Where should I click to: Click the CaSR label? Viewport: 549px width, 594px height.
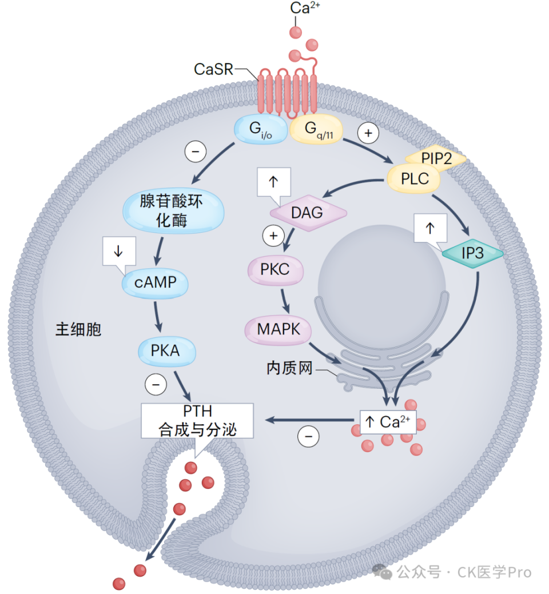click(x=213, y=69)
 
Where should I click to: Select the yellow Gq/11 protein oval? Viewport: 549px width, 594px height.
click(x=316, y=130)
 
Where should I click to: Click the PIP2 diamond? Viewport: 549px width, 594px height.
click(x=436, y=158)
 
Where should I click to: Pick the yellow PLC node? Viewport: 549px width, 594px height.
click(x=415, y=178)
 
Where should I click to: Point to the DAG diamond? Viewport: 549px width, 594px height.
click(x=307, y=213)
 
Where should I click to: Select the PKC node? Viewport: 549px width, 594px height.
click(x=275, y=270)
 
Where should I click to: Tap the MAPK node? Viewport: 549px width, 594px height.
click(x=280, y=329)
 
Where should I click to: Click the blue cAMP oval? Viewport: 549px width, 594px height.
click(x=155, y=281)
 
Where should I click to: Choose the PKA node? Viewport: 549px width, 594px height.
click(x=165, y=350)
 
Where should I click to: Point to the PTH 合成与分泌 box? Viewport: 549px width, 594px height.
click(x=197, y=420)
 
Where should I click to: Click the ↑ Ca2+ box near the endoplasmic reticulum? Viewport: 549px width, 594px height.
click(x=388, y=422)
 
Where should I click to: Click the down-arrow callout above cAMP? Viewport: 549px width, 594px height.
click(x=119, y=252)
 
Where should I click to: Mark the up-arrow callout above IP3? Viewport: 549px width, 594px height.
click(x=430, y=228)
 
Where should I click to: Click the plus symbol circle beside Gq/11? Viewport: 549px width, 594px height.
click(x=368, y=133)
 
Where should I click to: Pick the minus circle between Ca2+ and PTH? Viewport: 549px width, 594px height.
click(x=308, y=437)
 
